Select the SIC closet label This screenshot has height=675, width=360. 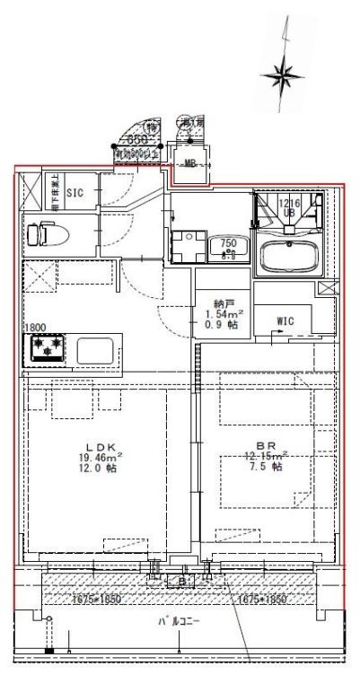click(x=75, y=192)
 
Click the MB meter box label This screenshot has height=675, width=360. click(x=190, y=163)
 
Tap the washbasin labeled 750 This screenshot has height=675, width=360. click(x=228, y=249)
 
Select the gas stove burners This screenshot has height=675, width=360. click(x=48, y=348)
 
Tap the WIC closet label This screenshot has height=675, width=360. click(x=285, y=320)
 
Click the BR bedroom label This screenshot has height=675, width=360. click(x=266, y=446)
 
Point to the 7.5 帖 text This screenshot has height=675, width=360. click(x=266, y=467)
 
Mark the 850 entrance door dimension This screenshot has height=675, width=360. click(x=136, y=140)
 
